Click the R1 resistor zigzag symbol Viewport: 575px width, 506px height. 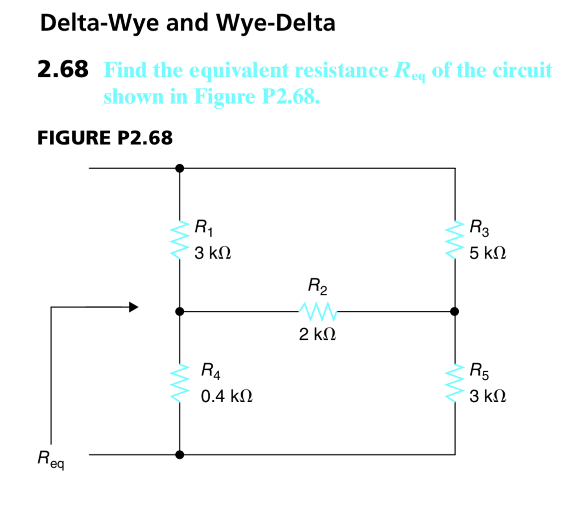point(179,240)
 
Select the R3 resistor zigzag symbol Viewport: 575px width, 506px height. point(455,240)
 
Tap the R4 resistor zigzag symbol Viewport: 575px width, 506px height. point(179,383)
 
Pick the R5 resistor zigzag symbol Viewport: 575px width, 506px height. point(455,383)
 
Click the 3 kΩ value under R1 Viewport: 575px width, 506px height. point(213,253)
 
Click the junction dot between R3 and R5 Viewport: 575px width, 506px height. point(454,311)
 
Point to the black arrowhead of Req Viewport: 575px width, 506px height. point(133,307)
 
